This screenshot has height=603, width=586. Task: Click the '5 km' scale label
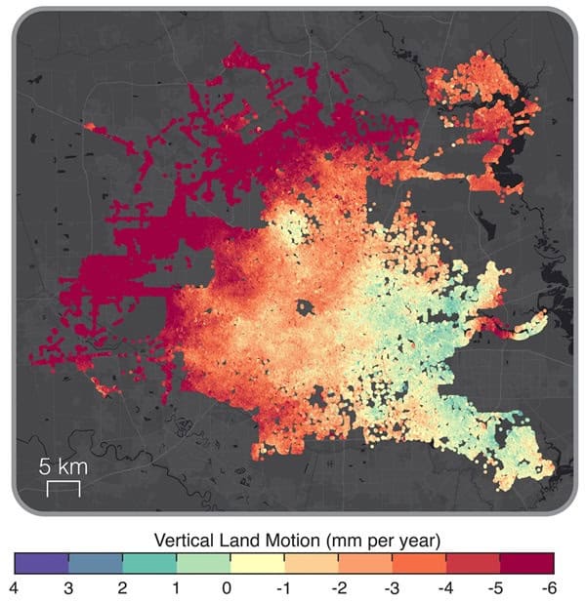[x=63, y=466]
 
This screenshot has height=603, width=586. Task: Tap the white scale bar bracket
[x=63, y=488]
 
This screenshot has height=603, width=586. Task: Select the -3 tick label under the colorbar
[x=391, y=588]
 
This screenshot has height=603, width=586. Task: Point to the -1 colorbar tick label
[x=283, y=588]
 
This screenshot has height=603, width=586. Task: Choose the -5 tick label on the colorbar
[x=498, y=588]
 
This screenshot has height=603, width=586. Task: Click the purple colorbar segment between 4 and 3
[x=41, y=563]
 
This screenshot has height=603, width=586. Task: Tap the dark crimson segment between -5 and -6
[x=526, y=563]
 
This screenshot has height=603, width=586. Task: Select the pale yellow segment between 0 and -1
[x=257, y=563]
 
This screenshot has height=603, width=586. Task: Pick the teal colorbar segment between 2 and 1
[x=149, y=563]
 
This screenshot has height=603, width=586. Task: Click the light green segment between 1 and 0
[x=203, y=563]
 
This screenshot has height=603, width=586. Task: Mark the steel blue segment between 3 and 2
[x=96, y=563]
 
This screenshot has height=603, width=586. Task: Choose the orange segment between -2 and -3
[x=365, y=563]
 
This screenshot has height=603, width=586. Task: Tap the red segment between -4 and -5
[x=473, y=563]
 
